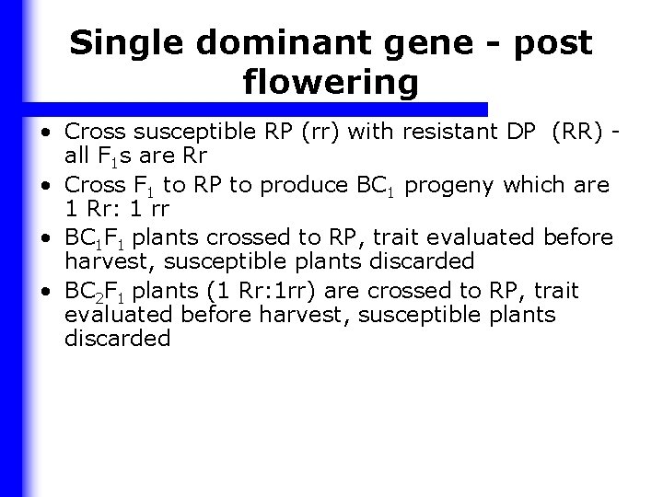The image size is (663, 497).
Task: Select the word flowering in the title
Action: [x=331, y=84]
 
